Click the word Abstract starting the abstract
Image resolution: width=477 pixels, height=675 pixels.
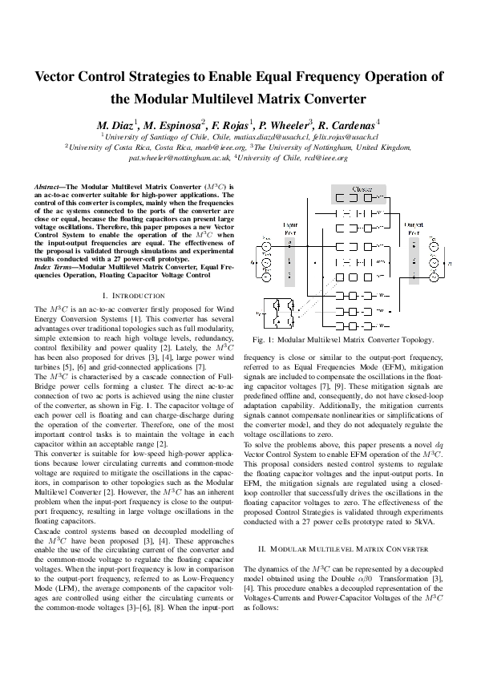coord(49,185)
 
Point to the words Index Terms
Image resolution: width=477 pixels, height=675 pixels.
coord(55,265)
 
